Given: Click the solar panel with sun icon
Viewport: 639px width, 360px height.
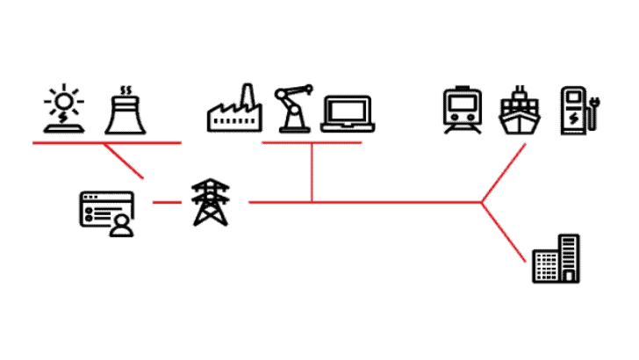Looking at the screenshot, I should [62, 109].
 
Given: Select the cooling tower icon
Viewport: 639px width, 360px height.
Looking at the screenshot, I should [126, 114].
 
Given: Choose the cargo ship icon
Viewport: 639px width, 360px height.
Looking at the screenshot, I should [521, 111].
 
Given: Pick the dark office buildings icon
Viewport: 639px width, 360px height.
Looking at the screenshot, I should [556, 258].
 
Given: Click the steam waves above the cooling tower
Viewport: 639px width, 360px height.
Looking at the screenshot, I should [126, 90].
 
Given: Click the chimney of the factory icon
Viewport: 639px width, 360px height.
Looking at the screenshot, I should [248, 96].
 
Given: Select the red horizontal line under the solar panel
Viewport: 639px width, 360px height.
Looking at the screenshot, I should [105, 141].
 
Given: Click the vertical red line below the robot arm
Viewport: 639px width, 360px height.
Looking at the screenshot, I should [312, 171].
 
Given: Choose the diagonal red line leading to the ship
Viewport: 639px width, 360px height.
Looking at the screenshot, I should [505, 172].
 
